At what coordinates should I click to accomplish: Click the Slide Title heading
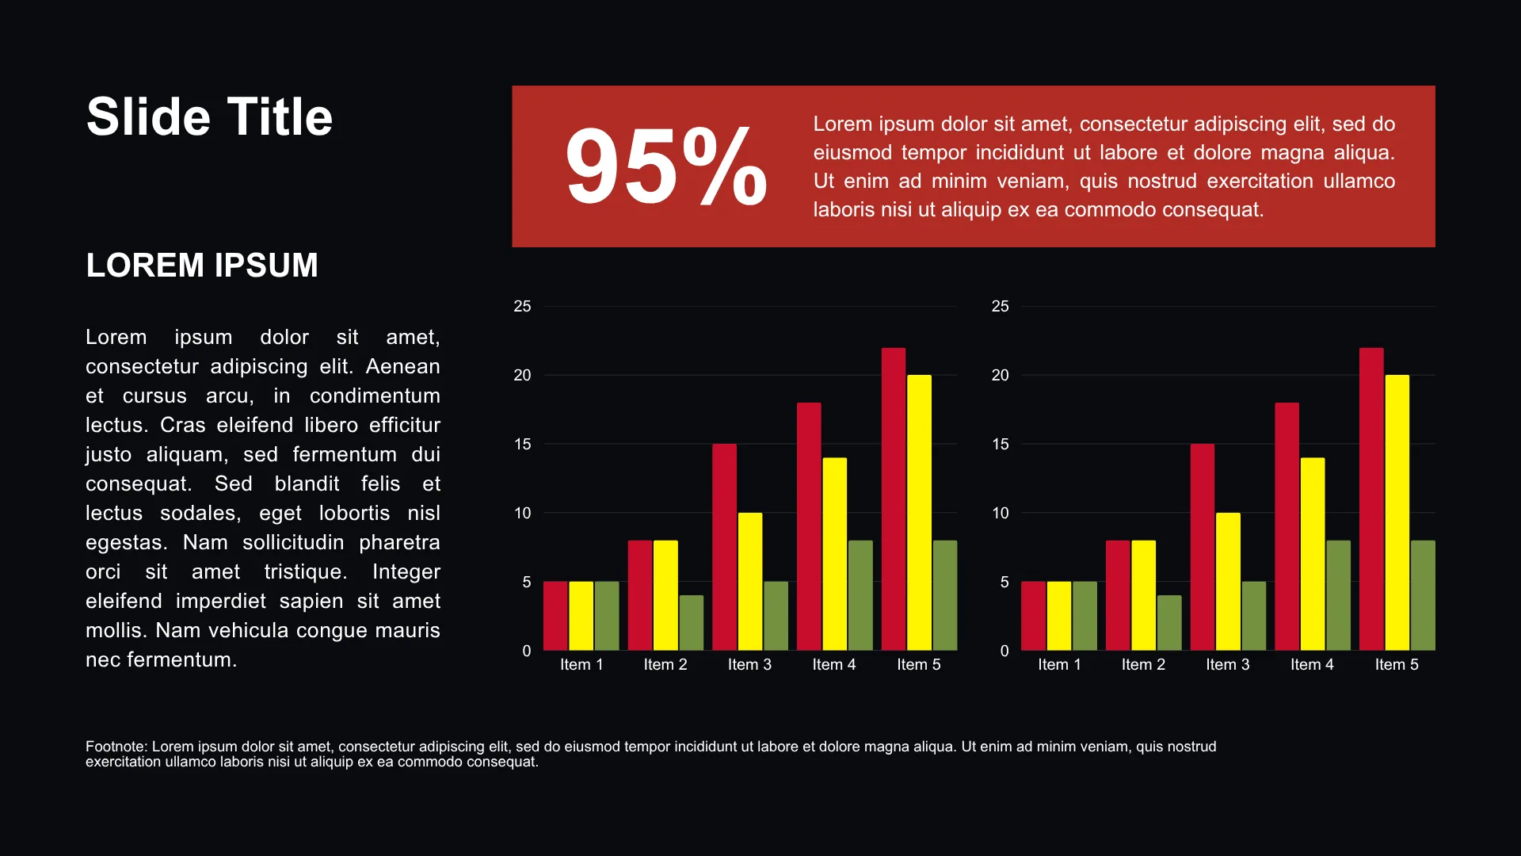pos(209,117)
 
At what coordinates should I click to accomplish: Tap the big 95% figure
pos(666,166)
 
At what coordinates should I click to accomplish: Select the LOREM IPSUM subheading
pos(202,266)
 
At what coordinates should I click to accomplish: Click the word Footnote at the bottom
pos(116,747)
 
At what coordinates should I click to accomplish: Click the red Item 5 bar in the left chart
pos(894,499)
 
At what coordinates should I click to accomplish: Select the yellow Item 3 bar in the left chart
pos(750,582)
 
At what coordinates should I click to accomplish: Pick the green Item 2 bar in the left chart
pos(692,623)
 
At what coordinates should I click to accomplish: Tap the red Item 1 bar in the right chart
pos(1033,616)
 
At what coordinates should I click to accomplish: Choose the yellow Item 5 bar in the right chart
pos(1397,513)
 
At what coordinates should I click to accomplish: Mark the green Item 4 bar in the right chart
pos(1339,595)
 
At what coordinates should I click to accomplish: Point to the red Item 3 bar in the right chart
pos(1203,547)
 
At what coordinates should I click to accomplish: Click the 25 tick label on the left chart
pos(522,306)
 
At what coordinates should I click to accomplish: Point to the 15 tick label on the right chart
pos(1001,444)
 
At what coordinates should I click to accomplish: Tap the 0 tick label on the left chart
pos(527,651)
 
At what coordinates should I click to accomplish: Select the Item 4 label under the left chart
pos(834,664)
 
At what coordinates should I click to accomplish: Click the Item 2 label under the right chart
pos(1143,664)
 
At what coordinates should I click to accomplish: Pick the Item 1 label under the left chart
pos(581,664)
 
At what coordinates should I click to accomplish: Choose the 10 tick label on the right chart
pos(1001,513)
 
